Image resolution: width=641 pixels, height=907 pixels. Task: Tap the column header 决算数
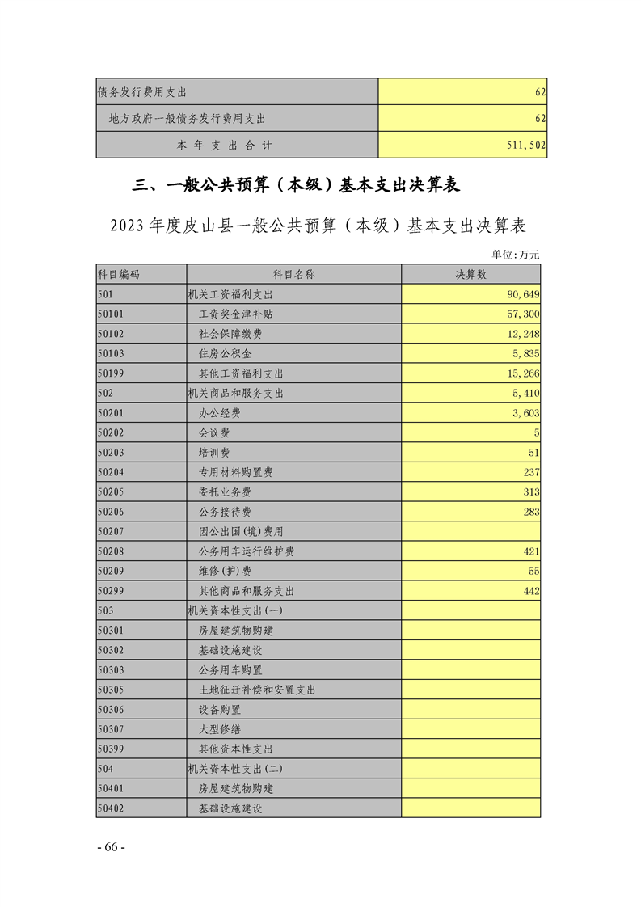470,275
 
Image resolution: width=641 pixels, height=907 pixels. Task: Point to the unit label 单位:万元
516,255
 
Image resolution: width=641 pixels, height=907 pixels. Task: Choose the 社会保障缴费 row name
230,334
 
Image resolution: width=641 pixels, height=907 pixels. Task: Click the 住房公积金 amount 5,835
526,354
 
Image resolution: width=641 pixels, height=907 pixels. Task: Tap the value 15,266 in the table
524,373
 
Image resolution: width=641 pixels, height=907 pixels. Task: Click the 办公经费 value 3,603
526,413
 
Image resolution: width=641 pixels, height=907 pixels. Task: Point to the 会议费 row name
214,433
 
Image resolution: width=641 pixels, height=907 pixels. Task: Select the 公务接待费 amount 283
531,513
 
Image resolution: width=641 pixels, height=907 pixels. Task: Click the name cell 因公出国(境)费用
241,532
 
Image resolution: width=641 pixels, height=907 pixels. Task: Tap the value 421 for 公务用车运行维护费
531,551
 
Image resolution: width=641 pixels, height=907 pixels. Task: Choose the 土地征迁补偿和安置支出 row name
257,690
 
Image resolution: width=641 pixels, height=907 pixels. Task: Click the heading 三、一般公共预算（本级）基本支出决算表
296,186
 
